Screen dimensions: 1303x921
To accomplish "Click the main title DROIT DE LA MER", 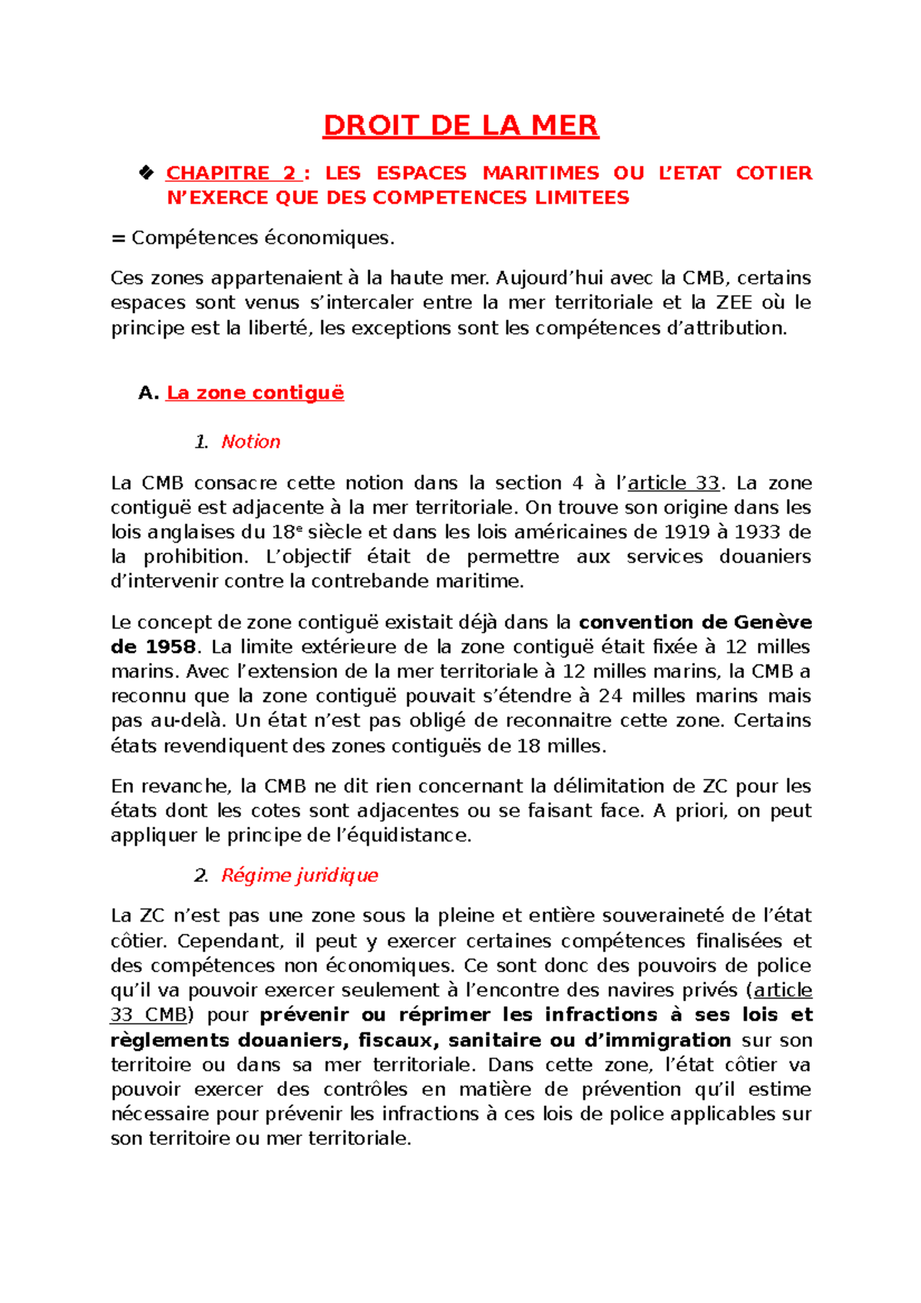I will click(x=460, y=125).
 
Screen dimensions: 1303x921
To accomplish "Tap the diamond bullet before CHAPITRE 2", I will click(x=146, y=173).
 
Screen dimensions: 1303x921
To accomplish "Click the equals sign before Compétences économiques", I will click(x=117, y=238).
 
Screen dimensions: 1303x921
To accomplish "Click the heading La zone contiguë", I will click(x=255, y=393).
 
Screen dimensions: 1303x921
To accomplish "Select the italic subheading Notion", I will click(x=250, y=442).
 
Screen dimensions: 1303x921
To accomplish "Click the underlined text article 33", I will click(x=673, y=483).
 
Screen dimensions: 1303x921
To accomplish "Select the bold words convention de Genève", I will click(x=695, y=622).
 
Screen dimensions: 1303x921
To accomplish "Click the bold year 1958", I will click(x=170, y=647).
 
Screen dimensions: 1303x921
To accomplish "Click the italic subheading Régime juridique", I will click(x=299, y=876).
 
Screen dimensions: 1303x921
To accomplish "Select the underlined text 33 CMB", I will click(x=149, y=1015).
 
